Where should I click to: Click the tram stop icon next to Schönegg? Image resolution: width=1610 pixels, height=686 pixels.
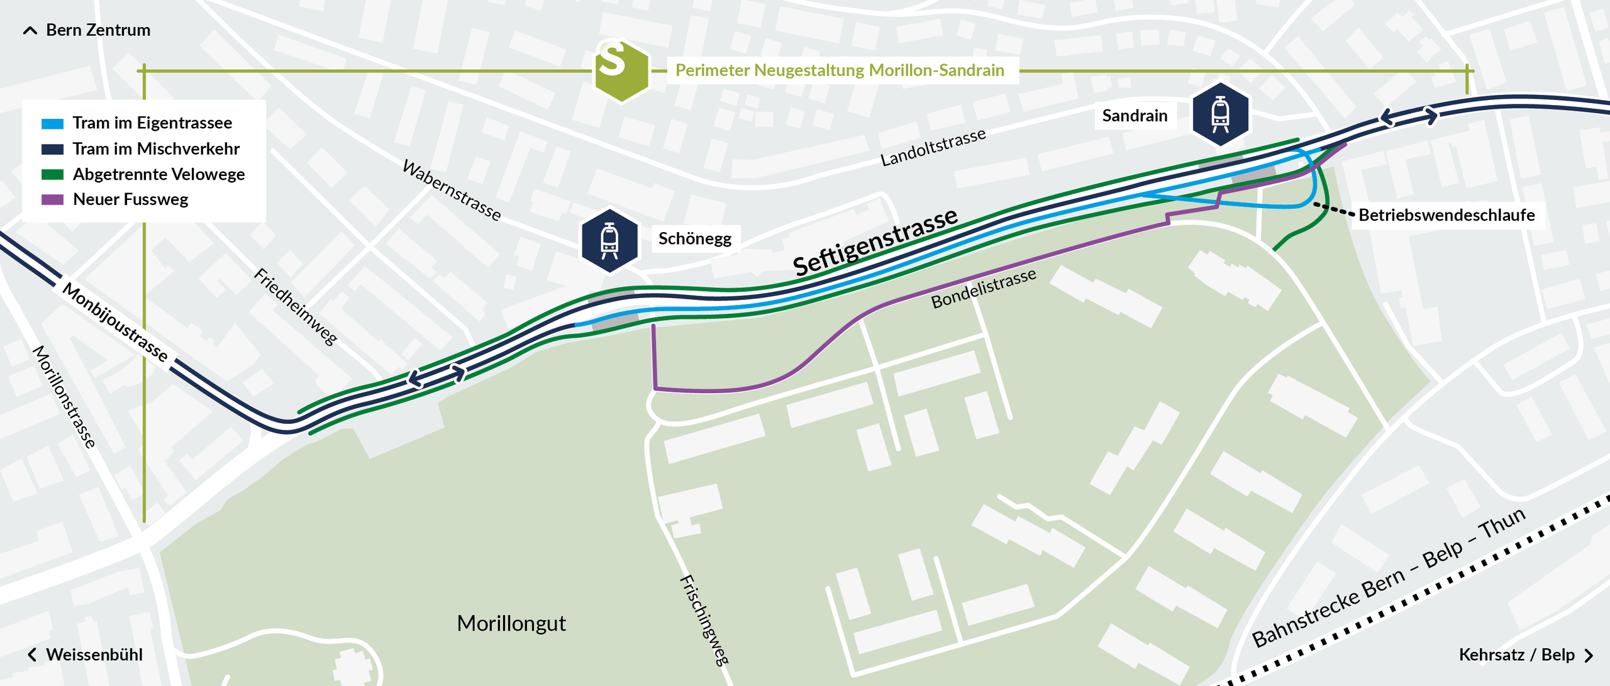pyautogui.click(x=609, y=241)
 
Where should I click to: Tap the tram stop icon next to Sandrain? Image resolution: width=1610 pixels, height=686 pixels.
pyautogui.click(x=1220, y=114)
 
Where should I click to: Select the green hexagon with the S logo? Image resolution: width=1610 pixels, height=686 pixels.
pyautogui.click(x=621, y=70)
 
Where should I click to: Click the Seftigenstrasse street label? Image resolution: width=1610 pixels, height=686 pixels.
pyautogui.click(x=874, y=242)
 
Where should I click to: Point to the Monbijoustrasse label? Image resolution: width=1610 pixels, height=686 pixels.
pyautogui.click(x=115, y=322)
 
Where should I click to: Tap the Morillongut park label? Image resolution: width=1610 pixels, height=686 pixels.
pyautogui.click(x=511, y=623)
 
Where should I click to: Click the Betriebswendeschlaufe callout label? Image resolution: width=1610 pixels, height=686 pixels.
pyautogui.click(x=1446, y=215)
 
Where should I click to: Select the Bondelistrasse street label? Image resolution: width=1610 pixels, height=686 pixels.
pyautogui.click(x=983, y=289)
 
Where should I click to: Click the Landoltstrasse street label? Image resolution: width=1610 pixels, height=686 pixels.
pyautogui.click(x=933, y=148)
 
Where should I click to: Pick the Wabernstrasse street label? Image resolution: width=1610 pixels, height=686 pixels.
pyautogui.click(x=452, y=190)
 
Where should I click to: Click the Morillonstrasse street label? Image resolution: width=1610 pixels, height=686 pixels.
pyautogui.click(x=64, y=396)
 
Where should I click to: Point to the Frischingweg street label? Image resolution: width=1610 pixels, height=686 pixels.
pyautogui.click(x=704, y=619)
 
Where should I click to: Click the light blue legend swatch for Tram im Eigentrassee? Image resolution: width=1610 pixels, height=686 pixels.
pyautogui.click(x=52, y=123)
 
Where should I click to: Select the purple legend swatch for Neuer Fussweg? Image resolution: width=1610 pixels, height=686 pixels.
pyautogui.click(x=52, y=199)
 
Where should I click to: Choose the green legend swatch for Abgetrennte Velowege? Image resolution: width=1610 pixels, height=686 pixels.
pyautogui.click(x=52, y=174)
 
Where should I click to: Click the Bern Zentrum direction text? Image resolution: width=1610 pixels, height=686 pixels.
pyautogui.click(x=97, y=30)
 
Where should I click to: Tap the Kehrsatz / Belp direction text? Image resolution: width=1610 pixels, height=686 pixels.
pyautogui.click(x=1516, y=655)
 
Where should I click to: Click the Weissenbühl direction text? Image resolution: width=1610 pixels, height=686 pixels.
pyautogui.click(x=94, y=655)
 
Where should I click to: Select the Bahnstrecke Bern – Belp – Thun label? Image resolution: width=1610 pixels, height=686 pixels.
pyautogui.click(x=1389, y=577)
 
